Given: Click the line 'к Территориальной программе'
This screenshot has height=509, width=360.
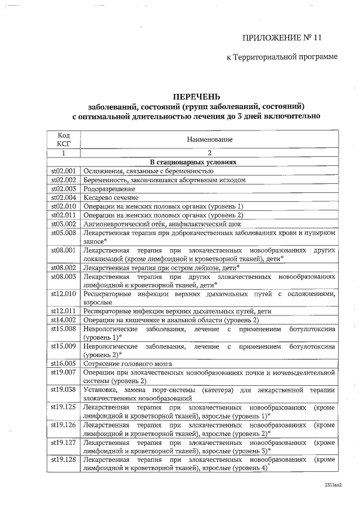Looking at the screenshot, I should pos(281,57).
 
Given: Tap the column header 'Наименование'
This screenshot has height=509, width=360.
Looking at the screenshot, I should pos(209,139).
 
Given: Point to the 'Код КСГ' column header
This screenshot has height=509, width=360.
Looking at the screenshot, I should pos(64,139).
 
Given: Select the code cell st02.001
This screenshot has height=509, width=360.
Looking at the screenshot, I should pos(63,171).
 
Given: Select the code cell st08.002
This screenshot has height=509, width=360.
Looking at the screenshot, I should pos(63,268).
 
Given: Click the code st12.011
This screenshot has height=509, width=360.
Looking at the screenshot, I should pos(63,311).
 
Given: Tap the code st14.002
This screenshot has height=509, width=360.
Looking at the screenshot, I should pos(63,319).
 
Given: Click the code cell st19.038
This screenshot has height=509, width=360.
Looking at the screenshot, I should pos(63,390).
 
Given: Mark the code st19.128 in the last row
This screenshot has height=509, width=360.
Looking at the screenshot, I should pos(63,461).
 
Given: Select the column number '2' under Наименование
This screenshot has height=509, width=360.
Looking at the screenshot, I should pos(209,153).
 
